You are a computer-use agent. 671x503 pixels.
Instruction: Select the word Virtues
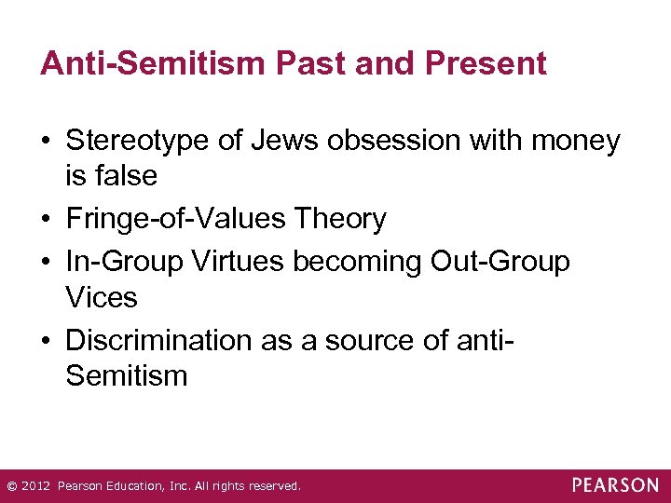tap(239, 262)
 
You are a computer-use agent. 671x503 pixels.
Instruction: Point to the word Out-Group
tap(500, 262)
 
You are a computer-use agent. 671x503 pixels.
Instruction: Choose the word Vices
tap(102, 298)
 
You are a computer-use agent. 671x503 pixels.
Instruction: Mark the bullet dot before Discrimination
tap(47, 342)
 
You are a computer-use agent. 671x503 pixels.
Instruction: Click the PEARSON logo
tap(615, 485)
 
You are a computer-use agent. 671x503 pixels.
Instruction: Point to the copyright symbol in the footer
tap(11, 486)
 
